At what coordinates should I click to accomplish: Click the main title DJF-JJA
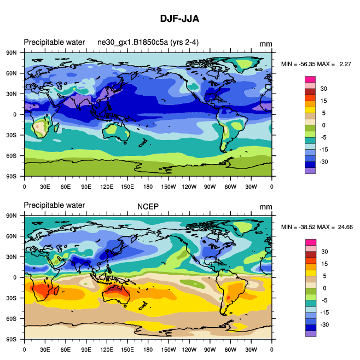[x=179, y=19]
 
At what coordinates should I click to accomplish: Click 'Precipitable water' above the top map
[x=54, y=43]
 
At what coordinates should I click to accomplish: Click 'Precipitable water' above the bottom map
[x=54, y=206]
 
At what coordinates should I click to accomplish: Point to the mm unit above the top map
[x=265, y=44]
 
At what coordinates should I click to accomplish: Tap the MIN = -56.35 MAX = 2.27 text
[x=316, y=65]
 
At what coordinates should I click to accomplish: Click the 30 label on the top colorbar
[x=323, y=89]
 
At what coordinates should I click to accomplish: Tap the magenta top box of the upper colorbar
[x=310, y=79]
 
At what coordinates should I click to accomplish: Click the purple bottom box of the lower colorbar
[x=310, y=333]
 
